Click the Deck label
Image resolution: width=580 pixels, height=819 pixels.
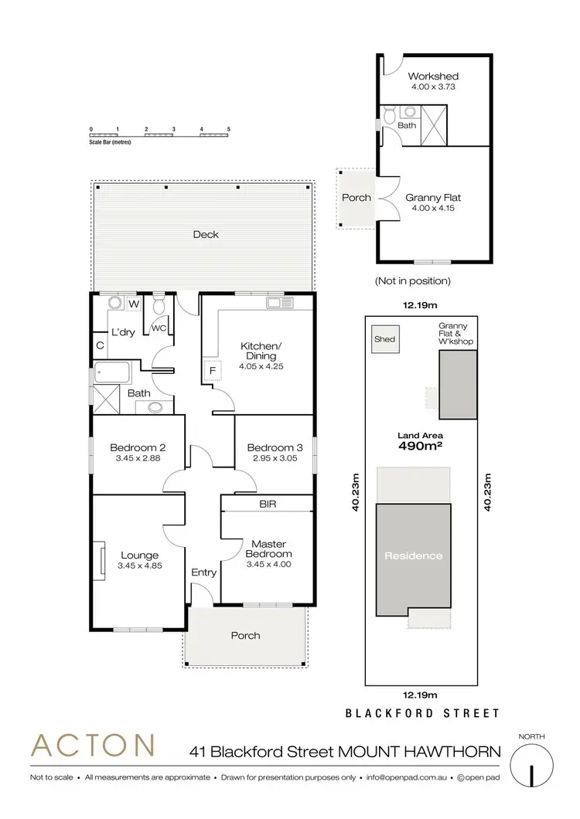click(206, 234)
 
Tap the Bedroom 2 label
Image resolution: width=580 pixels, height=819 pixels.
click(138, 447)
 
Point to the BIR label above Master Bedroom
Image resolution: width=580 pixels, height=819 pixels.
click(268, 504)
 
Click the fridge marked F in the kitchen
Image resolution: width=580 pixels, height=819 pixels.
click(210, 371)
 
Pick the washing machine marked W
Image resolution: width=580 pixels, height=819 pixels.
click(133, 304)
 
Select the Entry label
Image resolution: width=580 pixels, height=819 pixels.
click(204, 573)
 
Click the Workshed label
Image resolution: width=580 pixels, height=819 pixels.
click(433, 76)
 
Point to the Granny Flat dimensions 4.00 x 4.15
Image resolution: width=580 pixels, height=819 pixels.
click(433, 209)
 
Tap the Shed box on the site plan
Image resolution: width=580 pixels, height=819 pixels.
click(384, 340)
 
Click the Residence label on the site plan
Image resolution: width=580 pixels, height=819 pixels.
click(415, 556)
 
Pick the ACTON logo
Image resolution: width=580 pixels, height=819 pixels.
click(92, 746)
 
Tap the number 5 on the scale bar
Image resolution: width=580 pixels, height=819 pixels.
click(229, 129)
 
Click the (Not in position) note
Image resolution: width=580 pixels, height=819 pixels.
click(412, 281)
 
